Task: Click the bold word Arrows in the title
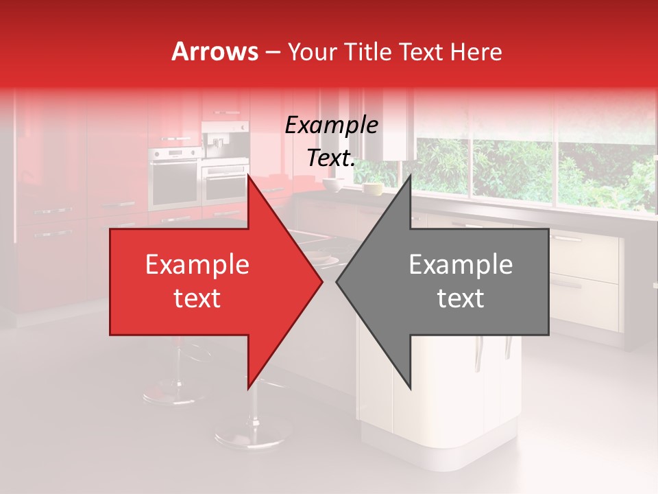tap(215, 51)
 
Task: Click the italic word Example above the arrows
tap(331, 126)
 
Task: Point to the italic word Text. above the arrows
tap(331, 158)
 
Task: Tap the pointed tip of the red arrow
tap(320, 281)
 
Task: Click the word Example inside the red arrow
tap(197, 265)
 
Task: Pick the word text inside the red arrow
tap(197, 298)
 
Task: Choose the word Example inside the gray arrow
tap(461, 265)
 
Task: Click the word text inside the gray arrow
tap(461, 298)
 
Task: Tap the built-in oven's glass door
tap(175, 182)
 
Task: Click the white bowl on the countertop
tap(334, 185)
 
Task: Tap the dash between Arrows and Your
tap(273, 52)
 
